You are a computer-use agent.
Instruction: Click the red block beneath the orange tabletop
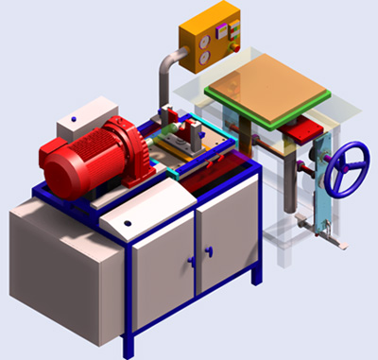(x=305, y=132)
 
